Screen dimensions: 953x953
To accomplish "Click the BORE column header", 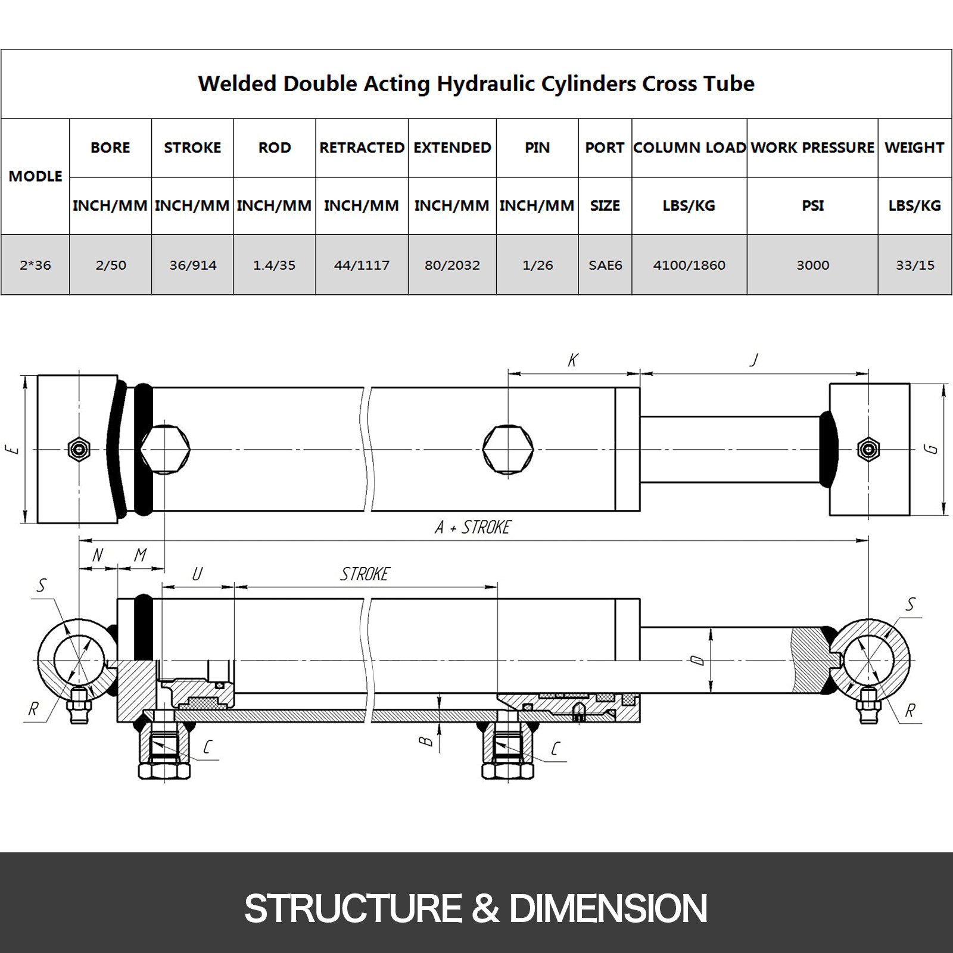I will (x=110, y=148).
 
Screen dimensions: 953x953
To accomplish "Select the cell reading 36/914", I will (x=192, y=265).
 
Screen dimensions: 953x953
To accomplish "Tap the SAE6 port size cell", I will (x=605, y=265).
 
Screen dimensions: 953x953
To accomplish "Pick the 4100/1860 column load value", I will (x=689, y=265).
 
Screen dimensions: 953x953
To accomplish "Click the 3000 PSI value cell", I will (x=812, y=265).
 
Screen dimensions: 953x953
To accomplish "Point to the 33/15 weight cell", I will (x=915, y=265).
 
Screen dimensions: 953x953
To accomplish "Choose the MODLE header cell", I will (x=35, y=176).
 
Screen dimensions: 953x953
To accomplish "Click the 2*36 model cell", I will (x=35, y=265).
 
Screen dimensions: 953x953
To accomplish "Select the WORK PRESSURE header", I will (x=812, y=148).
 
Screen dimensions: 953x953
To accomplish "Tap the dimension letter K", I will (x=572, y=360).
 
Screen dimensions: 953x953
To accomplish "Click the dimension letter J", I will (x=754, y=359).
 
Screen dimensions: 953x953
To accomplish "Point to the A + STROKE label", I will (x=473, y=527).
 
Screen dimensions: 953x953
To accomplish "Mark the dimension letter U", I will (x=197, y=574).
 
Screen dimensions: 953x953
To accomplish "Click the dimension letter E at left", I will (x=13, y=449).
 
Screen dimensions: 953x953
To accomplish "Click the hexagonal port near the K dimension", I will (x=508, y=449).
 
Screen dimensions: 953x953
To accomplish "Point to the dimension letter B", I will (x=425, y=741).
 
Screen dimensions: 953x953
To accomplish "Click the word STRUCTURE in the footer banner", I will (x=353, y=908).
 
